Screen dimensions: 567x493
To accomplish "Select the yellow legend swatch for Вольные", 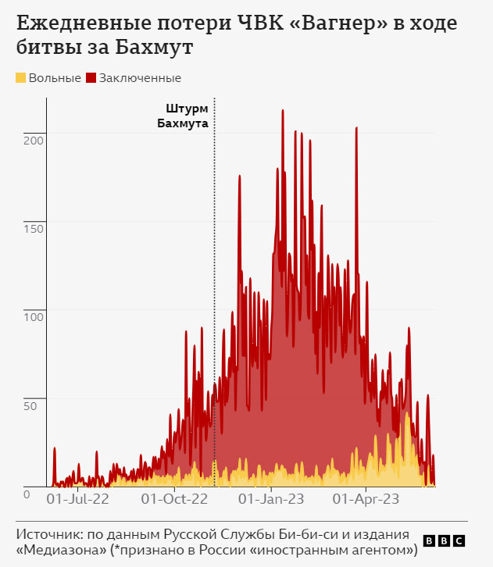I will [x=21, y=77].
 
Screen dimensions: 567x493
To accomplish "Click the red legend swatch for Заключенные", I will [x=91, y=77].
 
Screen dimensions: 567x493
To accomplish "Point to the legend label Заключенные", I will [x=140, y=78].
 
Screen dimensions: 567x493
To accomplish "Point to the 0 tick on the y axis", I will [x=26, y=494].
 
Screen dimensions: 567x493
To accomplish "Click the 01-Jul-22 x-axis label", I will [x=79, y=497].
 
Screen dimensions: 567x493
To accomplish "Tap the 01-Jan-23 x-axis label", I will [x=270, y=497].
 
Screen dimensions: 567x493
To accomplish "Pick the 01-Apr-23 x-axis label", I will [x=366, y=497].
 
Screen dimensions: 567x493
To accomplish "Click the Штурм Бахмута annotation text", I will [x=187, y=116].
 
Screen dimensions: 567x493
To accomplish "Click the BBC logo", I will [x=444, y=540].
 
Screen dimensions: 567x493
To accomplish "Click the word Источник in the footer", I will [x=46, y=534].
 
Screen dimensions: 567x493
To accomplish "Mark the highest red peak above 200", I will [x=282, y=112].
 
